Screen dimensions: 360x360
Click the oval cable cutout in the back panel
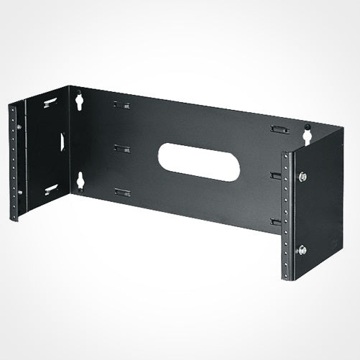pos(193,157)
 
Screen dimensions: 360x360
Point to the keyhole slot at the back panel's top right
pos(308,134)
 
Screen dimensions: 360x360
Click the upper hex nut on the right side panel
pos(303,176)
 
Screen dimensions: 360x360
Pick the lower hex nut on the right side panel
pos(301,249)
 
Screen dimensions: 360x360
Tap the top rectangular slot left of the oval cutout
pos(121,105)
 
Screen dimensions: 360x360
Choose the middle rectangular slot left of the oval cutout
pos(122,149)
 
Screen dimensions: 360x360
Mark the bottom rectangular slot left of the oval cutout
pos(122,192)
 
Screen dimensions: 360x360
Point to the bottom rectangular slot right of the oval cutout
pos(275,221)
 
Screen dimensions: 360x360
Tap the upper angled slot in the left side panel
pos(50,103)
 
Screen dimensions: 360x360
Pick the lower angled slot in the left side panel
pos(50,189)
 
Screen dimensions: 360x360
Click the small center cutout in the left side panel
pos(63,142)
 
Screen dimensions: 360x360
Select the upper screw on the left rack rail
pos(19,127)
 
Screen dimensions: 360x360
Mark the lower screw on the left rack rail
pos(19,192)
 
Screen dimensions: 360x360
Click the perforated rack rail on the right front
pos(287,216)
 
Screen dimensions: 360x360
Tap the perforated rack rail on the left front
pos(13,162)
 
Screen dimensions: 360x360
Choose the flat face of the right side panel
pos(323,208)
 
